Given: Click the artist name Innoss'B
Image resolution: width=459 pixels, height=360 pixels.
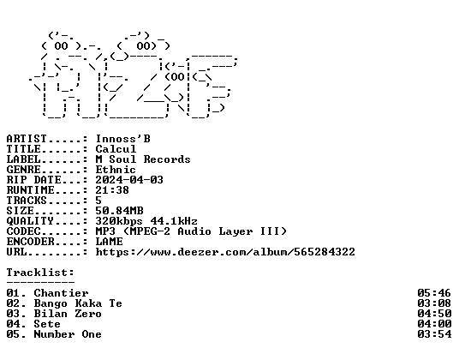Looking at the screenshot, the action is pos(123,139).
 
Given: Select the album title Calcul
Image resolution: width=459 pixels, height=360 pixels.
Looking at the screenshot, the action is pos(116,149).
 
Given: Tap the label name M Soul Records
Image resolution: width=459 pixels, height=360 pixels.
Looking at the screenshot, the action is pos(143,159).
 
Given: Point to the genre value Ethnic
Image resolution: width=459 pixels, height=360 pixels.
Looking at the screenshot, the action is pos(116,170).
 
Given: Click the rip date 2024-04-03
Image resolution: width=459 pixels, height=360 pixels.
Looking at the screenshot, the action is pos(129,179).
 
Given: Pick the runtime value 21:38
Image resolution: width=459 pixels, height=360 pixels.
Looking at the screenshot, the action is pos(112,189).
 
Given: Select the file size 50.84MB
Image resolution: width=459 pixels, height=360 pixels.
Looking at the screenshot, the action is pos(119,211).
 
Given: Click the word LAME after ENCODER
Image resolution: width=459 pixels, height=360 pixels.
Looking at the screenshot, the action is pos(110,242).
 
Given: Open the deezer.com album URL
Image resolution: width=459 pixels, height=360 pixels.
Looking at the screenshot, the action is pos(225,252).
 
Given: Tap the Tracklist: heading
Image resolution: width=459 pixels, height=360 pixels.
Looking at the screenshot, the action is pos(40,273).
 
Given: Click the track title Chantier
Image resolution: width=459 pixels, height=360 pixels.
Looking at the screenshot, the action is pos(61,293).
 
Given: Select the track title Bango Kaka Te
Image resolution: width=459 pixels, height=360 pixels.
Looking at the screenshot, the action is pos(78,303).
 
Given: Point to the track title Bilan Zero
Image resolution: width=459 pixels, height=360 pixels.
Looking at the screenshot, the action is pos(68,314).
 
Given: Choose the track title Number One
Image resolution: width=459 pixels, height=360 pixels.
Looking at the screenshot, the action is pos(68,334).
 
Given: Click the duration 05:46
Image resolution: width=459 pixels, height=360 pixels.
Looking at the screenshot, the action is pos(434,293).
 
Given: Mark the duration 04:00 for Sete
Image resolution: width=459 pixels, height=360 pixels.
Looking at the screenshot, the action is pos(434,324).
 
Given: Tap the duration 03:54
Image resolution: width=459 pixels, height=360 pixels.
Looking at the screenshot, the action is pos(434,334).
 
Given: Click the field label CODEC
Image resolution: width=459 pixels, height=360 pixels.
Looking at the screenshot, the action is pos(23,231).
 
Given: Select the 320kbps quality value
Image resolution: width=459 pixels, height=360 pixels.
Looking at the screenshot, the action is pos(119,221).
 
